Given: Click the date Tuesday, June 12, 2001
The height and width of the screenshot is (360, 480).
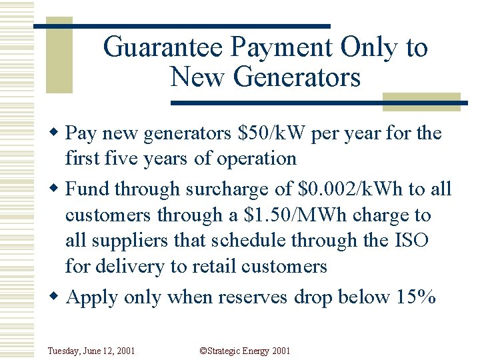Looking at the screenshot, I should pos(91,351).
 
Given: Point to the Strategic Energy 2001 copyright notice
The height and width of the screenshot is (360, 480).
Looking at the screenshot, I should pos(245,351).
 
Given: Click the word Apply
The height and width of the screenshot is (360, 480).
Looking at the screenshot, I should pos(95,297).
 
